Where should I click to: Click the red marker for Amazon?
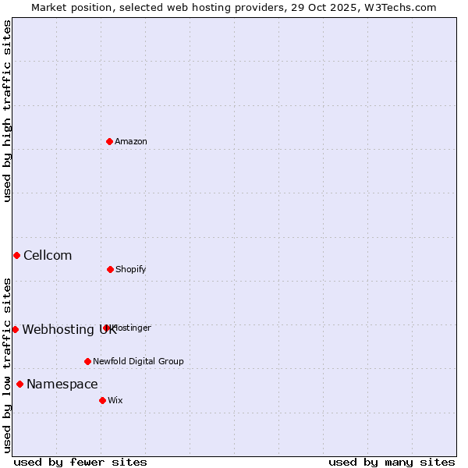109,141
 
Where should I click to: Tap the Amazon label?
131,141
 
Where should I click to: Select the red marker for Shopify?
110,269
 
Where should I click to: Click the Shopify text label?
131,269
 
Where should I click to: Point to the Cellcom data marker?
16,255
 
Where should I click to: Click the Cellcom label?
48,255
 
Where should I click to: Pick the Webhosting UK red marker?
15,329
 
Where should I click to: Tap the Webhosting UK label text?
69,329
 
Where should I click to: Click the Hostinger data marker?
106,328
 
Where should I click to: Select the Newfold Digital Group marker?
87,361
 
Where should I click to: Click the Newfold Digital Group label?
138,361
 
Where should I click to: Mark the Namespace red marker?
19,384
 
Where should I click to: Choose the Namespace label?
62,384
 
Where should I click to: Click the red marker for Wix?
102,400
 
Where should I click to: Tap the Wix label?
115,400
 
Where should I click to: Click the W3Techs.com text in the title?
397,7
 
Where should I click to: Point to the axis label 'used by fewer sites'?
80,462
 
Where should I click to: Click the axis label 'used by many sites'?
392,462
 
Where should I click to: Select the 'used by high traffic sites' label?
7,111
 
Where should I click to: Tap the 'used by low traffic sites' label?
7,364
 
